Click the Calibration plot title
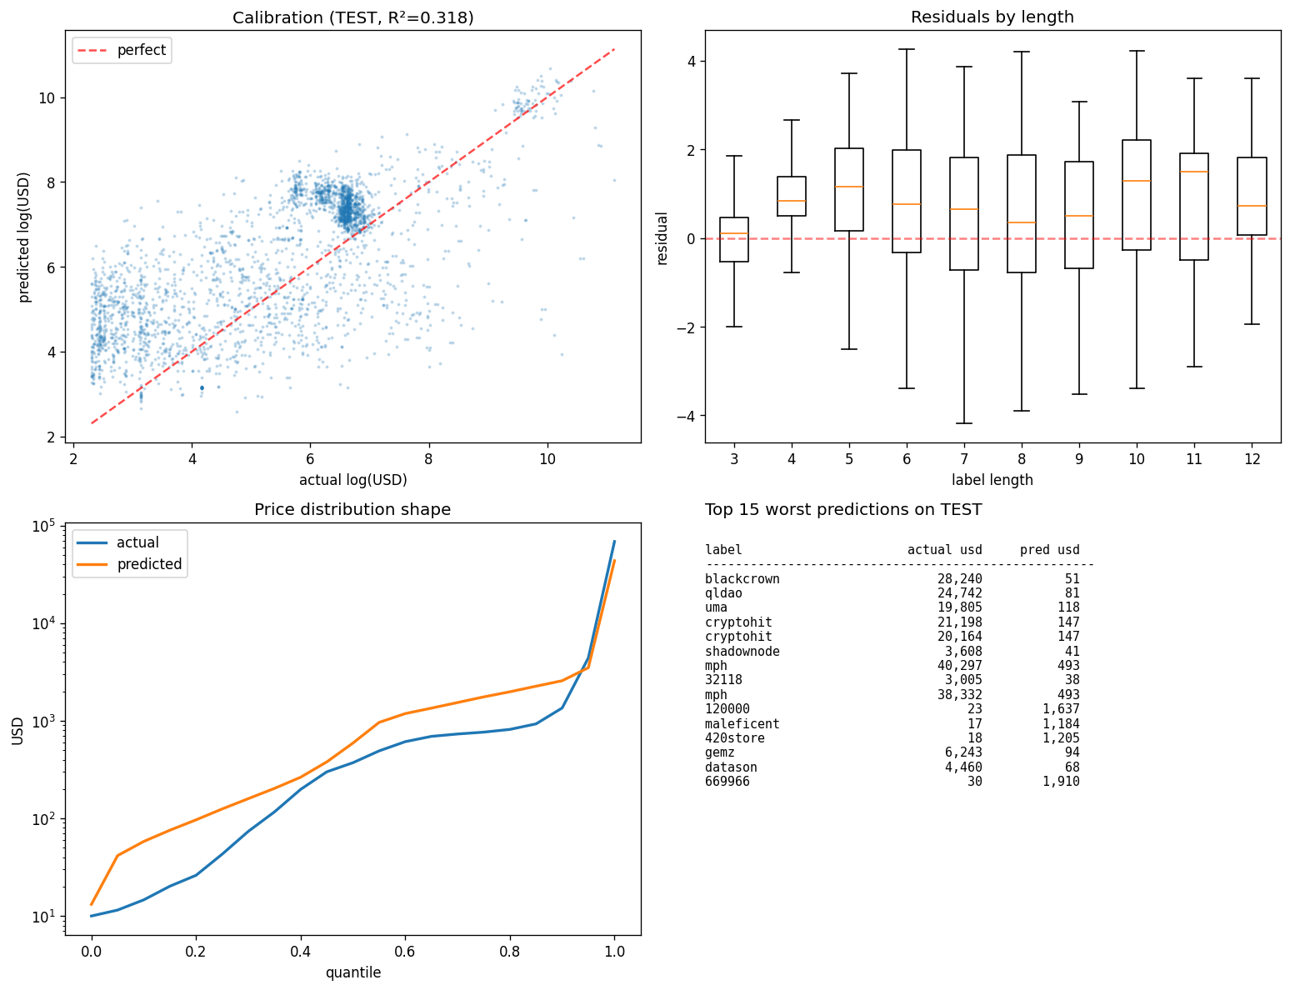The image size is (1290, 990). click(x=352, y=17)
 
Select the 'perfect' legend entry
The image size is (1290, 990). click(x=122, y=50)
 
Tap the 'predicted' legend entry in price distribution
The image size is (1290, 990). click(x=129, y=564)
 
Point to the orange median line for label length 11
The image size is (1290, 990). click(x=1193, y=172)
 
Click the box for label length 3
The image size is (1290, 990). click(x=734, y=239)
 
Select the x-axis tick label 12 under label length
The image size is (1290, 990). click(x=1252, y=459)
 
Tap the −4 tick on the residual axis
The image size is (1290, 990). click(x=687, y=416)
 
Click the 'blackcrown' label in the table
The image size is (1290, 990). click(x=742, y=578)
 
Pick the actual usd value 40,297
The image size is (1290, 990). click(x=959, y=665)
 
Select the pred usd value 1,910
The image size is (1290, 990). click(x=1061, y=781)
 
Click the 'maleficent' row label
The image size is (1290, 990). click(x=742, y=723)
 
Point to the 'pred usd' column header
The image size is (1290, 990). click(x=1049, y=550)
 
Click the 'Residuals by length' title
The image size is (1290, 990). click(x=992, y=17)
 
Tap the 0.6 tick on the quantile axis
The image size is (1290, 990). click(x=404, y=952)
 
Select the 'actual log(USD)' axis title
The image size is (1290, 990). click(x=352, y=479)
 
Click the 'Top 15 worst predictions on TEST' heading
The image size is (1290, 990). click(x=843, y=509)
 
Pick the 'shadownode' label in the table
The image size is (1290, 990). click(x=742, y=651)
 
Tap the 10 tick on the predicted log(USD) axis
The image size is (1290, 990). click(x=47, y=98)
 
